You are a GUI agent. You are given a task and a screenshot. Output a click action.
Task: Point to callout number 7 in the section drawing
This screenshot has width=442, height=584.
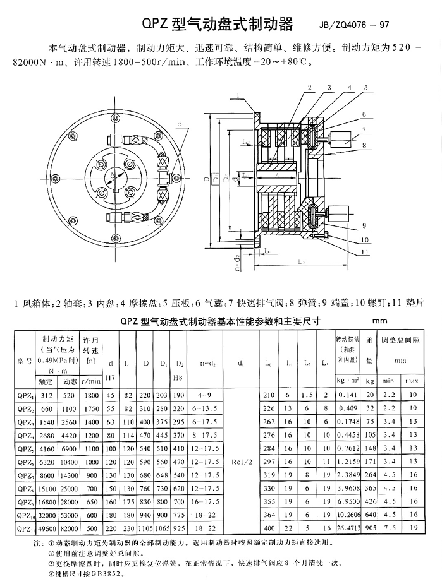(x=365, y=129)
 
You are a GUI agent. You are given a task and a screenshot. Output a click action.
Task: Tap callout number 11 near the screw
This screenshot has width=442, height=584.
(x=365, y=253)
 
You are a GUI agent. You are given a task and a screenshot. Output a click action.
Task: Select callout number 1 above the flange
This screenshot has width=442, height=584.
(x=236, y=95)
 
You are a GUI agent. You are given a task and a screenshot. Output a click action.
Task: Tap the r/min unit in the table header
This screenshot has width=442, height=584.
(x=93, y=381)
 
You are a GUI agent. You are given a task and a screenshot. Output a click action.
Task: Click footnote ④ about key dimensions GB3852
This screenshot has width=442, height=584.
(x=82, y=574)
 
